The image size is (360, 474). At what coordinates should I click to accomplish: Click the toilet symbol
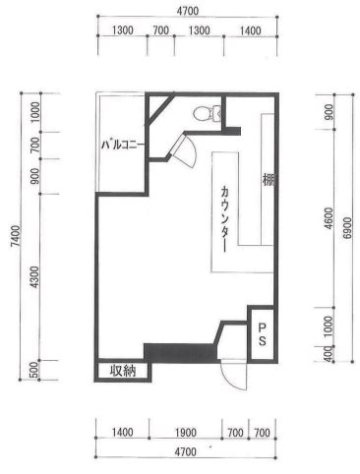click(x=207, y=112)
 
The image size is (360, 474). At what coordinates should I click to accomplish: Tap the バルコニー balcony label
click(x=122, y=145)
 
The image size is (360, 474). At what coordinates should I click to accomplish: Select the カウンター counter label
click(x=224, y=218)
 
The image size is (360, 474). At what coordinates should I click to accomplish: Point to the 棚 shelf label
click(x=268, y=180)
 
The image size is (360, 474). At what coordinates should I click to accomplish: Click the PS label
click(x=262, y=334)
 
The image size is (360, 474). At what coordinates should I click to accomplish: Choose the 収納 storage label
click(x=122, y=371)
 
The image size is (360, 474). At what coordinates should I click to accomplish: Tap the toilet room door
click(x=185, y=150)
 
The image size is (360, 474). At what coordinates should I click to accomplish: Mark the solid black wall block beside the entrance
click(x=180, y=353)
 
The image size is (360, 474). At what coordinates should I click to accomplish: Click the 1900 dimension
click(x=185, y=433)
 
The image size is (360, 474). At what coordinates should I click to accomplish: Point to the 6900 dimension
click(x=347, y=227)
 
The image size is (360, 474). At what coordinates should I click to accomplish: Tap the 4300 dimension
click(x=34, y=277)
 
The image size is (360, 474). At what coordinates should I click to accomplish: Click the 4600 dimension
click(x=329, y=218)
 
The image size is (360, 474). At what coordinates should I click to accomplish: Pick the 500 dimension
click(x=34, y=371)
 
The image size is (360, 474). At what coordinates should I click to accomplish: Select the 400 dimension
click(x=329, y=354)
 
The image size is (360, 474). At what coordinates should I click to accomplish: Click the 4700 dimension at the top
click(x=188, y=11)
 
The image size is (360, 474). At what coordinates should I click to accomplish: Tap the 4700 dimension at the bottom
click(x=185, y=452)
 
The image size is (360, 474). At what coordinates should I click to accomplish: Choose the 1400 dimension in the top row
click(x=250, y=30)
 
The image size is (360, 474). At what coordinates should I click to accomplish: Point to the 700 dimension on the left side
click(x=34, y=146)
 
